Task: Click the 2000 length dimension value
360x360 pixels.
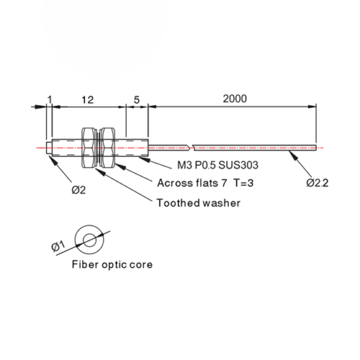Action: point(235,99)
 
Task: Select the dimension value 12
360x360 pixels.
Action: point(87,100)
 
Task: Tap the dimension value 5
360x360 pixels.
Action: point(137,99)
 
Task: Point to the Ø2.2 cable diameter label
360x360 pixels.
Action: point(317,183)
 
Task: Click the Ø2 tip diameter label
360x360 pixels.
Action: point(78,190)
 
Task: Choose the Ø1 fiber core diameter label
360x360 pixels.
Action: point(58,246)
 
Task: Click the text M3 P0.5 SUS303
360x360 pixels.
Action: point(217,165)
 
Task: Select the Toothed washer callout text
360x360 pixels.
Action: point(198,203)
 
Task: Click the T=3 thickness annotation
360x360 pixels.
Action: point(243,183)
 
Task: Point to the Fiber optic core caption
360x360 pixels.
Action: point(112,265)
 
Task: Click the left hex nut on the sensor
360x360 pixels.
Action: point(89,148)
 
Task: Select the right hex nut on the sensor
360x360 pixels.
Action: point(107,148)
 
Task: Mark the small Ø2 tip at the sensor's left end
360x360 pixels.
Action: point(49,148)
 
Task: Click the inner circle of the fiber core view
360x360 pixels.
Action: point(90,240)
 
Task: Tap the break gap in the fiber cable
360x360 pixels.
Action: point(191,148)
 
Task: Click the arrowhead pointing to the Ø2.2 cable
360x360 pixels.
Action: point(293,156)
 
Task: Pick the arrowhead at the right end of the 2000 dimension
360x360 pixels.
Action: point(312,107)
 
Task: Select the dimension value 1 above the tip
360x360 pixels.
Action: point(50,99)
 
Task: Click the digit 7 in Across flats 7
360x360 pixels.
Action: point(224,183)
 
